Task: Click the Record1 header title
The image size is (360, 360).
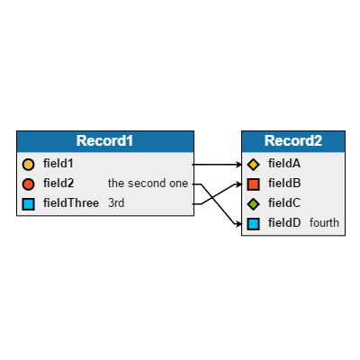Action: click(x=104, y=141)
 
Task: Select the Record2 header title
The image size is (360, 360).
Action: click(x=292, y=141)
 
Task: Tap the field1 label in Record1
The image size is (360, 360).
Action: click(x=58, y=164)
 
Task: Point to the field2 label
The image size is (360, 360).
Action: click(x=58, y=184)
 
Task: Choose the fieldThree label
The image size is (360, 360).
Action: click(x=71, y=203)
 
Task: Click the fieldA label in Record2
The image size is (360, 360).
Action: click(x=284, y=164)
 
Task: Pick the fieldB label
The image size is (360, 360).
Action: click(x=284, y=184)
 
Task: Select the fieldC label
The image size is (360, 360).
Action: click(x=284, y=203)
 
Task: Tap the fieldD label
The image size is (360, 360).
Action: click(x=284, y=222)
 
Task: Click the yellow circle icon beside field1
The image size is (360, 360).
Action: click(x=28, y=165)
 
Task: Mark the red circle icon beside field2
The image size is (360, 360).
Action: click(x=28, y=184)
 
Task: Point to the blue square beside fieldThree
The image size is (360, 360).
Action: click(x=28, y=204)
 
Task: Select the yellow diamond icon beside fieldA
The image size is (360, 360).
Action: click(x=253, y=165)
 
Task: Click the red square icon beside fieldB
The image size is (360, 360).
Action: click(x=253, y=184)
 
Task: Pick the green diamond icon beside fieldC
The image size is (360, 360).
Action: click(x=253, y=204)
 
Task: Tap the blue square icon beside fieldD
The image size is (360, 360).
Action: click(x=253, y=223)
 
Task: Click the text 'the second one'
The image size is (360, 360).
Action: click(x=148, y=184)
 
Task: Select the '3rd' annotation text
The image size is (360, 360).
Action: click(x=116, y=203)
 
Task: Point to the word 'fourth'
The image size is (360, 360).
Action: click(x=324, y=222)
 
